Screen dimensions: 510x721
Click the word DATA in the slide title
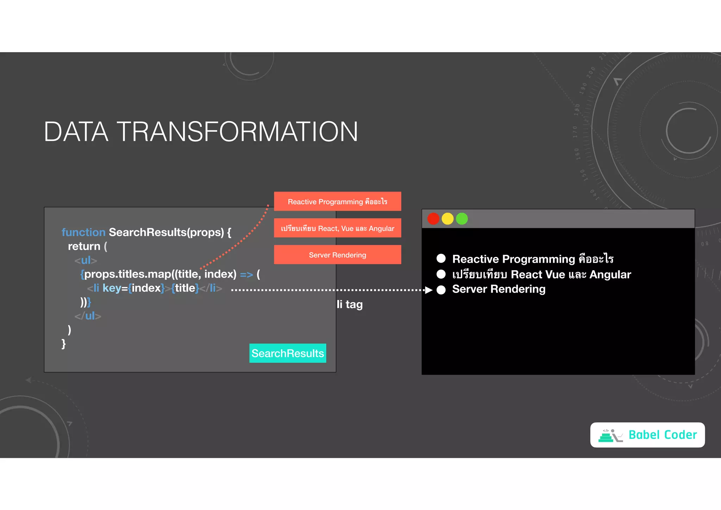(76, 132)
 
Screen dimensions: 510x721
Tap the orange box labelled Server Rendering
(337, 255)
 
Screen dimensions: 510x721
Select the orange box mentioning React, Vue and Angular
(337, 228)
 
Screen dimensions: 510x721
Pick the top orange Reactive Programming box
(337, 201)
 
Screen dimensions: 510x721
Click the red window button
(433, 219)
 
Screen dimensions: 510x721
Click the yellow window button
(447, 219)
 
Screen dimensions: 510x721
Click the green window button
(462, 219)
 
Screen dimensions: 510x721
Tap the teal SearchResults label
(288, 353)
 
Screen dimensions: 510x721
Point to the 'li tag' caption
(349, 304)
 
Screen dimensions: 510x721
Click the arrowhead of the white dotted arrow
(428, 290)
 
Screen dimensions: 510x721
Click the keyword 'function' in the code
(83, 232)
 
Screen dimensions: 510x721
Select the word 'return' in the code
(84, 246)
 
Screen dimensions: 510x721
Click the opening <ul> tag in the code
(86, 260)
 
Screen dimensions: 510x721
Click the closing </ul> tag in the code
(88, 316)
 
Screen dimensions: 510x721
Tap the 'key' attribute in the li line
(112, 288)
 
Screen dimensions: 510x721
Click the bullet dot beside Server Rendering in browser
(441, 290)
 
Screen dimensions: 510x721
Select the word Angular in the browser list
(610, 274)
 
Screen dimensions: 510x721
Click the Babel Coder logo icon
(610, 435)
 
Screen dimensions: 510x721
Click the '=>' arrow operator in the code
(246, 274)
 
